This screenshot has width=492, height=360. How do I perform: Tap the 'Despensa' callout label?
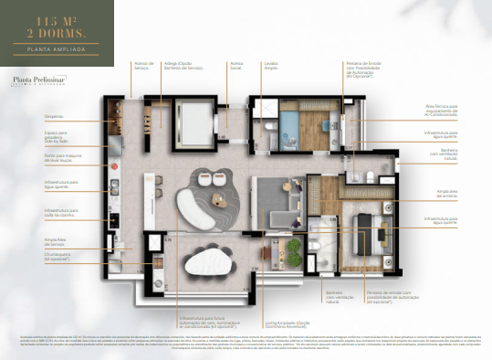click(55, 115)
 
